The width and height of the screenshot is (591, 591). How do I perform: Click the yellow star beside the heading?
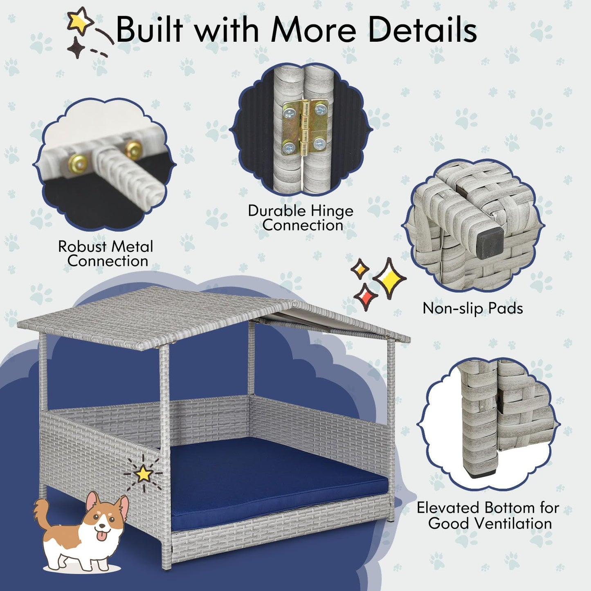tap(79, 20)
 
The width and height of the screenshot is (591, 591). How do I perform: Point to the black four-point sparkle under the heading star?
tap(76, 47)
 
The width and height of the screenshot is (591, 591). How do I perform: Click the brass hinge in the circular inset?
tap(305, 126)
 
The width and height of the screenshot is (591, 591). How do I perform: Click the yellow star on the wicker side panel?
tap(144, 473)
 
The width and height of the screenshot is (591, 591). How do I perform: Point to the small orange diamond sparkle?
tap(360, 269)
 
